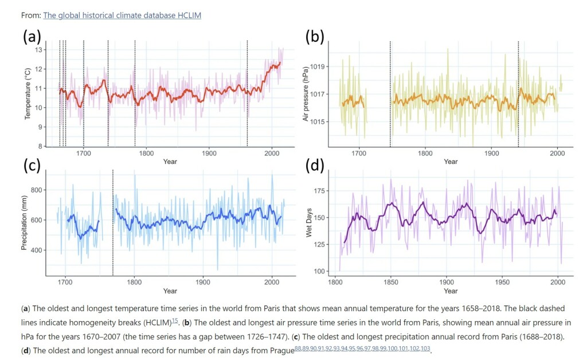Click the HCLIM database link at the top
click(122, 15)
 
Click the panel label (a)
click(32, 37)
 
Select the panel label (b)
click(315, 37)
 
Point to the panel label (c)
click(32, 166)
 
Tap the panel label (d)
click(315, 166)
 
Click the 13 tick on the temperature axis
click(39, 50)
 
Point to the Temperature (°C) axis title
click(28, 93)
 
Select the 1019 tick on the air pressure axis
click(318, 66)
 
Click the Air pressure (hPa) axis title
click(306, 93)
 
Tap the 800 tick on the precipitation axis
click(37, 190)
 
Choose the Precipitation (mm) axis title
click(24, 222)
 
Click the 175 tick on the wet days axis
click(320, 191)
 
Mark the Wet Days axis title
click(309, 222)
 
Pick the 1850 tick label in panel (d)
click(391, 282)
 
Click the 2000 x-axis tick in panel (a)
click(272, 153)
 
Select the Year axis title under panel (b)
click(451, 162)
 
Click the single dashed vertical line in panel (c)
click(113, 222)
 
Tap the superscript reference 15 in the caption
click(174, 320)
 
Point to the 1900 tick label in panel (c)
click(203, 282)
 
